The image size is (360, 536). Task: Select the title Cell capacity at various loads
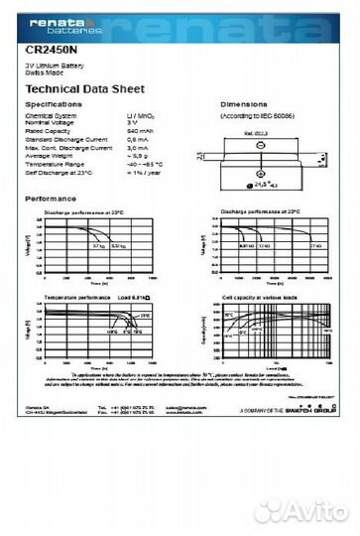point(262,298)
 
